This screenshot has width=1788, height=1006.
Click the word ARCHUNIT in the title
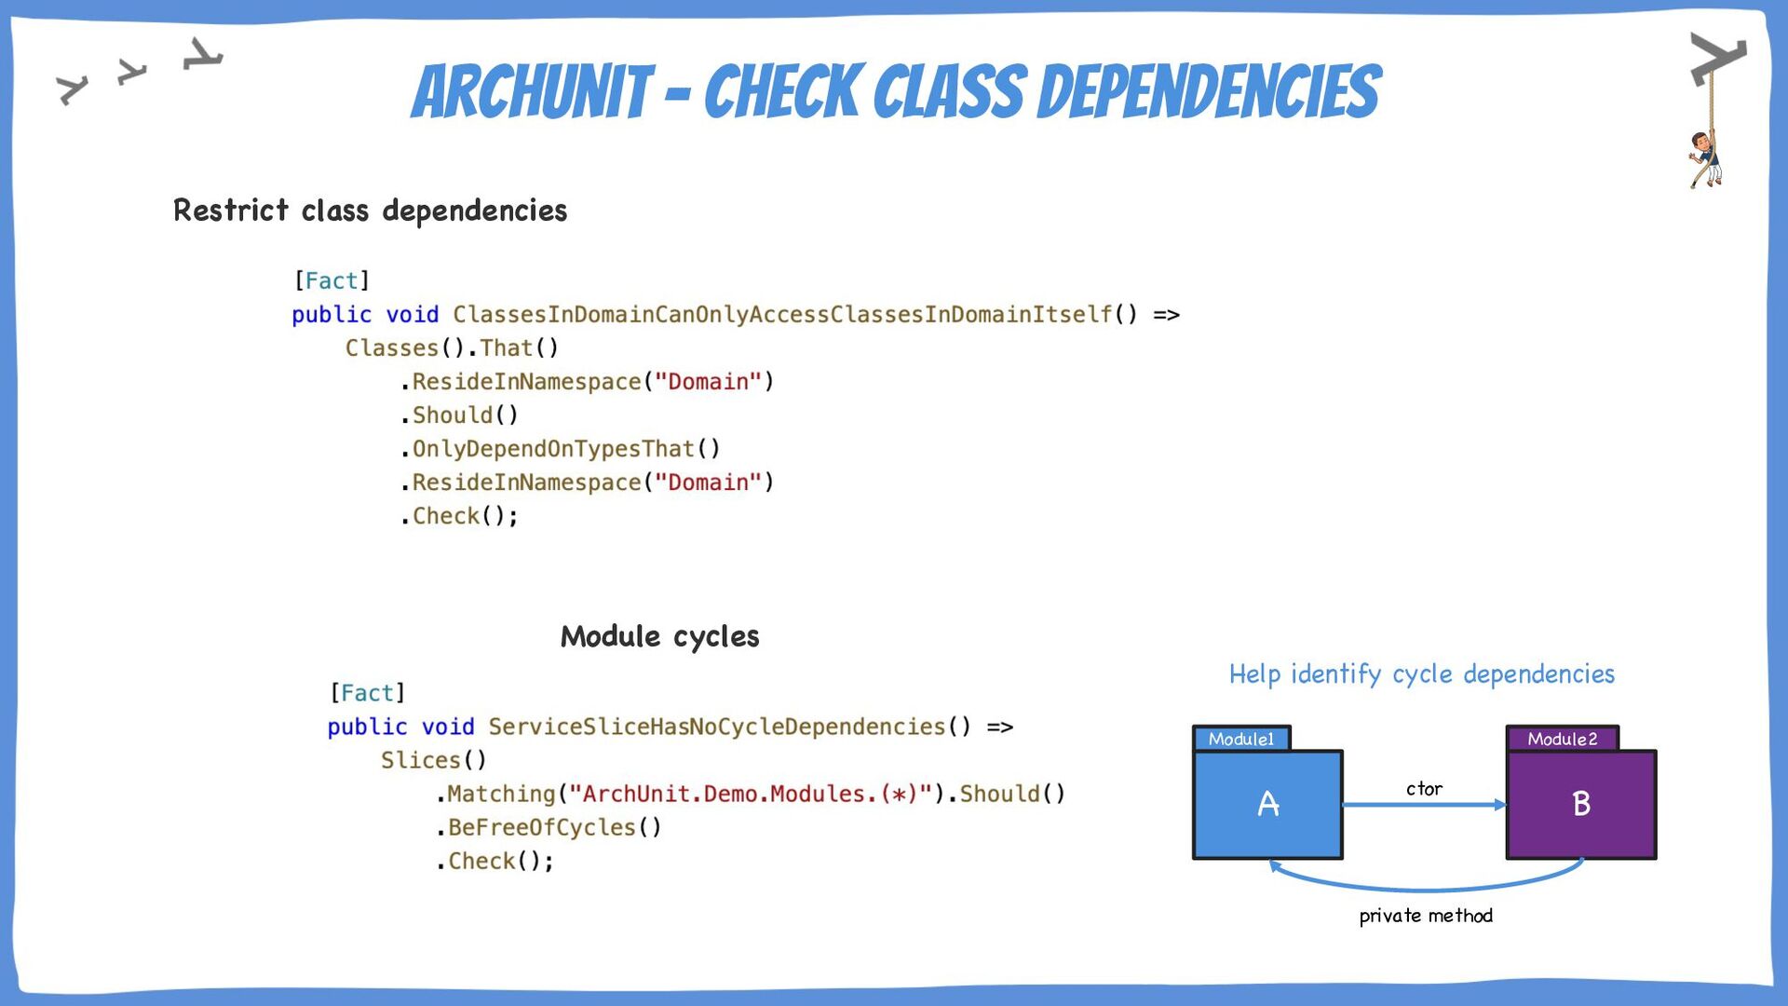point(532,92)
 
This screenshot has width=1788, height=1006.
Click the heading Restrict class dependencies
point(370,211)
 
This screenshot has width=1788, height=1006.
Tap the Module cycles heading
point(659,636)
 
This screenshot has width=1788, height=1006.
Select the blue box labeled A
point(1267,804)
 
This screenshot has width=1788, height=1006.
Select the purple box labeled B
point(1581,804)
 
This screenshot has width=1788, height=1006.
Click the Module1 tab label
point(1241,739)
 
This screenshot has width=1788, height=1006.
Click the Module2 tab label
point(1562,739)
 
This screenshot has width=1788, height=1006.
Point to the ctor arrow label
point(1424,789)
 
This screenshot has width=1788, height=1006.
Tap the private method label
point(1426,916)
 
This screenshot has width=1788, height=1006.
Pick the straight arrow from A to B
point(1425,805)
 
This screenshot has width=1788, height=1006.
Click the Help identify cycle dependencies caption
point(1421,674)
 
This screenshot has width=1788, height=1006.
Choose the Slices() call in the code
point(433,760)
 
